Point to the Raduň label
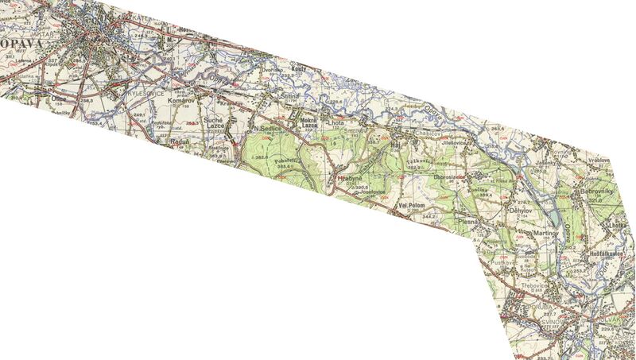tap(180, 142)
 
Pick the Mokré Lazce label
tap(309, 122)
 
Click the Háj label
tap(396, 145)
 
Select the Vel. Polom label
tap(413, 207)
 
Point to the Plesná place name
tap(467, 223)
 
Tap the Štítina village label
tap(288, 96)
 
